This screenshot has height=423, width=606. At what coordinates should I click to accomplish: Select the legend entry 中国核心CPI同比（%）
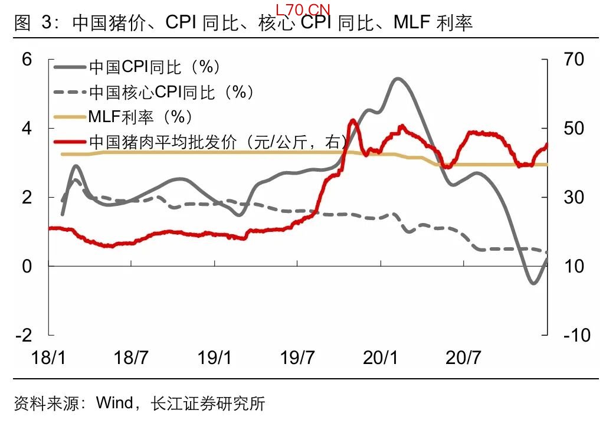[x=171, y=92]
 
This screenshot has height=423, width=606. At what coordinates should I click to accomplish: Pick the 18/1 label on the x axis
[x=49, y=358]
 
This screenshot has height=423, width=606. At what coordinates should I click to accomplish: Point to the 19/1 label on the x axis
[x=214, y=358]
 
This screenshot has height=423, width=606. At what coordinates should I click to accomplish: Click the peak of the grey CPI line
[x=397, y=78]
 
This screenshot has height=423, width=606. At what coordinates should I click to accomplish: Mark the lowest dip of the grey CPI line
[x=534, y=284]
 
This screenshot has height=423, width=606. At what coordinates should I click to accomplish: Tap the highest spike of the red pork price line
[x=352, y=120]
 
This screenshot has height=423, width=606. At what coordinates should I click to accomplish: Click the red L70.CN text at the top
[x=303, y=9]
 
